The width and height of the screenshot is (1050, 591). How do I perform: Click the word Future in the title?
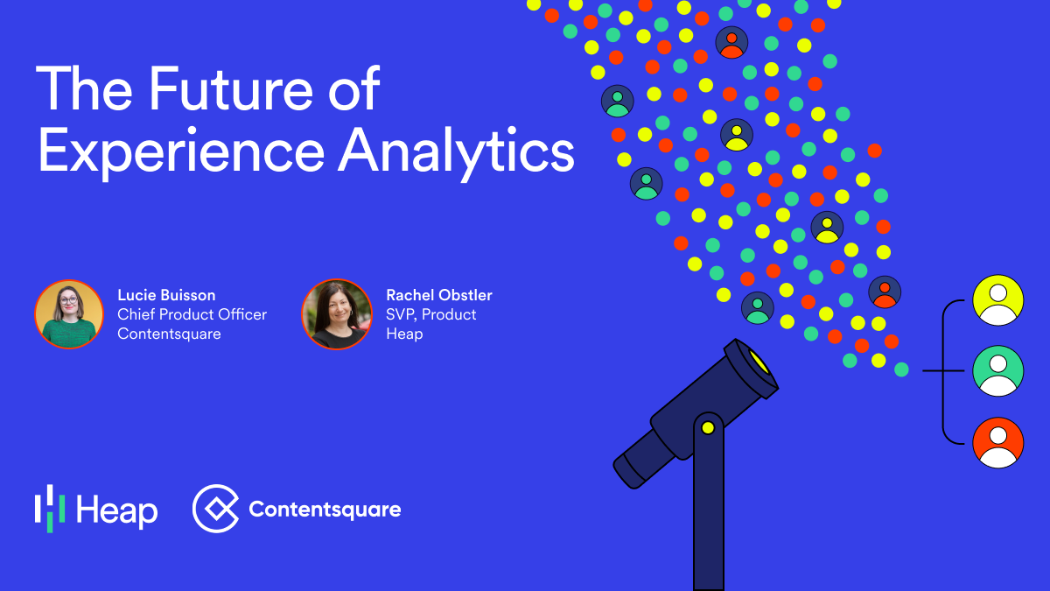pos(263,89)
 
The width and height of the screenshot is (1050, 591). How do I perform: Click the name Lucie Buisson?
pos(166,295)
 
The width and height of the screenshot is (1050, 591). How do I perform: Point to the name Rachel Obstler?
pos(439,295)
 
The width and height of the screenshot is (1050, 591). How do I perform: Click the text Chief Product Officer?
pos(192,314)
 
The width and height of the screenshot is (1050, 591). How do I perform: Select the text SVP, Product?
pos(431,314)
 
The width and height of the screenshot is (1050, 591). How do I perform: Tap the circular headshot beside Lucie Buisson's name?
pos(69,314)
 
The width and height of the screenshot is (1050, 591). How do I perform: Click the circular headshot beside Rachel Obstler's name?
pos(337,314)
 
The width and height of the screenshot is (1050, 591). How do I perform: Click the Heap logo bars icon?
pos(50,508)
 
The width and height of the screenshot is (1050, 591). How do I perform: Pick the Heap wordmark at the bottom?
pos(116,510)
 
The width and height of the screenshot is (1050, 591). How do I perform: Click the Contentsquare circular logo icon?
pos(215,509)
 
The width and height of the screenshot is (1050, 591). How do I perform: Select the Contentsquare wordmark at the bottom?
pos(325,510)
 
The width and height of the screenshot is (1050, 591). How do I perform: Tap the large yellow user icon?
pos(998,300)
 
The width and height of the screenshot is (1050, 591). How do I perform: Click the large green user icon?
pos(998,371)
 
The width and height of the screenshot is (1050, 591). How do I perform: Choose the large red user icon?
pos(998,443)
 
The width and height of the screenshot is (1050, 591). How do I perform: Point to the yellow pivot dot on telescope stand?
pos(708,428)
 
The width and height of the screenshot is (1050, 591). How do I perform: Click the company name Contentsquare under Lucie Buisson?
pos(169,334)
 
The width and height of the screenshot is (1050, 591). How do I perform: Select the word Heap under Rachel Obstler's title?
pos(404,334)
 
